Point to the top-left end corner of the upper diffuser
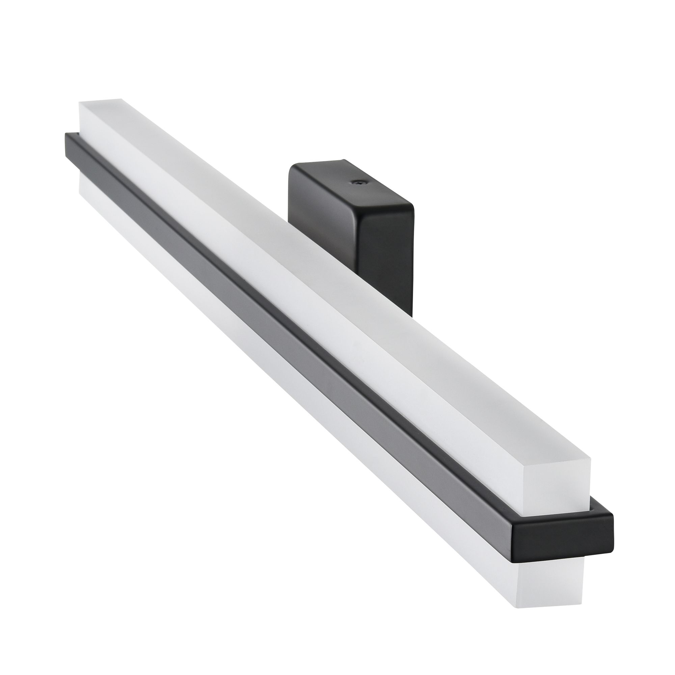click(80, 103)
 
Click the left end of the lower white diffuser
click(82, 185)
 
